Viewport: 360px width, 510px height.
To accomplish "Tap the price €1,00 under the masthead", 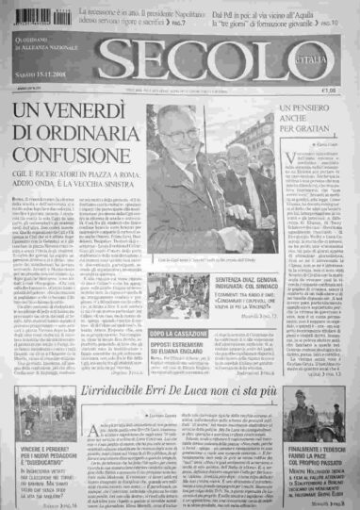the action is pos(329,90).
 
